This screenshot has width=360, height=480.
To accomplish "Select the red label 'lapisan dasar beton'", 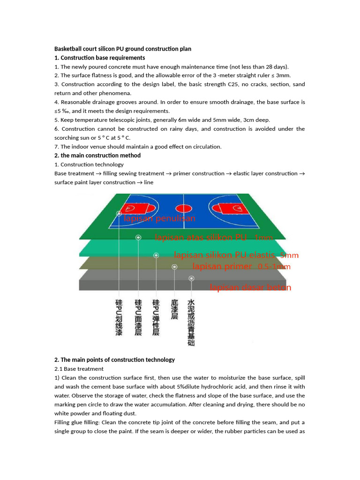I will [x=250, y=287].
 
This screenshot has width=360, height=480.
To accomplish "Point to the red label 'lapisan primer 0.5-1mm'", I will [x=241, y=267].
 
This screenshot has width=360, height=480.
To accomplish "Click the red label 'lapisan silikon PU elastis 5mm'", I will [x=236, y=255].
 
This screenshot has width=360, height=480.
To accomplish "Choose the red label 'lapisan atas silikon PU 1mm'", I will [x=213, y=238].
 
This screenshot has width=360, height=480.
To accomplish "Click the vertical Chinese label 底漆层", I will [x=174, y=309].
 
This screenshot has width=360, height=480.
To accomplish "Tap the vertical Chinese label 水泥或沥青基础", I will [x=191, y=322].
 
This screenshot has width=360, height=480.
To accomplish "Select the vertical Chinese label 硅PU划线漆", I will [x=119, y=318].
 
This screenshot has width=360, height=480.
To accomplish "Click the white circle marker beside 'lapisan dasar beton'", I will [x=191, y=278].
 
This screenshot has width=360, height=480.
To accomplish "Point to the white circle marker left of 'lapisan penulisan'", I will [x=119, y=214].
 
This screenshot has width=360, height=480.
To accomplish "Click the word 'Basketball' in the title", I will [x=68, y=49].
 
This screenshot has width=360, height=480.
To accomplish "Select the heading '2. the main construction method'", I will [x=97, y=156].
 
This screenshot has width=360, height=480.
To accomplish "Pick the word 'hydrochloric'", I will [x=233, y=387].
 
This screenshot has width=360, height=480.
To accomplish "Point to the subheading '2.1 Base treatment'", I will [x=79, y=369].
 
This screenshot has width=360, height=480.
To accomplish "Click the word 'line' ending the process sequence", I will [x=149, y=182].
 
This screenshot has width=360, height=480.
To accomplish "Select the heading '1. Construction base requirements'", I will [x=100, y=58].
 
